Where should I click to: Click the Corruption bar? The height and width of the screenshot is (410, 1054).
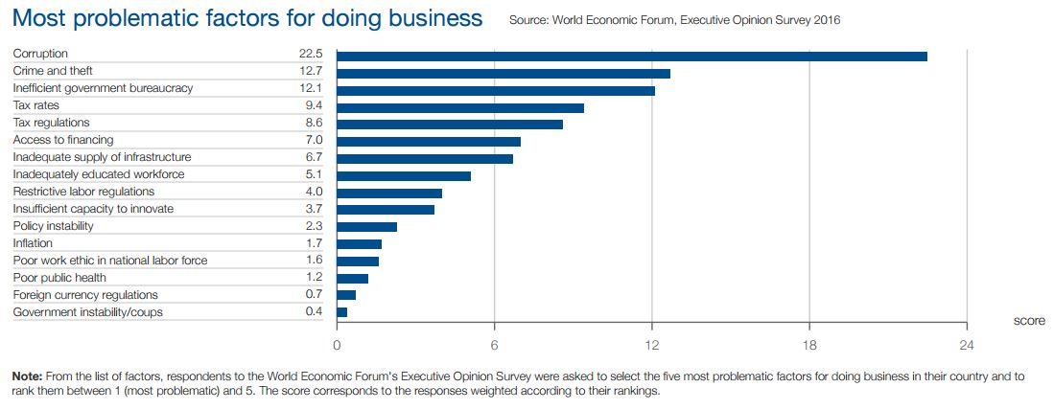(x=632, y=56)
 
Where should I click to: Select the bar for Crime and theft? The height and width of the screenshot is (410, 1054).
(x=504, y=73)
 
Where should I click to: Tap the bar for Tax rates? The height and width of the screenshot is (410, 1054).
(x=460, y=107)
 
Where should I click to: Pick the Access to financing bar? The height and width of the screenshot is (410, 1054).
(x=429, y=142)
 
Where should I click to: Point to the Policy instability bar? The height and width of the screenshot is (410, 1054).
(x=366, y=227)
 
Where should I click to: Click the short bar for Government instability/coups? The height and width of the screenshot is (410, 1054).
(x=342, y=312)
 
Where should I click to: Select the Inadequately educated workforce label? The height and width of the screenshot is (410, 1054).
(x=99, y=174)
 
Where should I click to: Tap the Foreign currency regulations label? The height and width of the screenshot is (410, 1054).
(x=85, y=295)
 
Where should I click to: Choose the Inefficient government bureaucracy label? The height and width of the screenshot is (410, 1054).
(x=103, y=88)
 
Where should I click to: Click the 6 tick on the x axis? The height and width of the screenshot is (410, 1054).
(x=495, y=346)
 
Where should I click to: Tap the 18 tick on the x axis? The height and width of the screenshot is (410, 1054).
(x=809, y=346)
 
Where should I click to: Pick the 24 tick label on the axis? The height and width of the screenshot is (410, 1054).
(x=967, y=346)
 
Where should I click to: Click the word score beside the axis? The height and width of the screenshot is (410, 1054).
(x=1029, y=321)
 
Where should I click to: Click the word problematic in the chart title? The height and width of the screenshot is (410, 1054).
(x=162, y=18)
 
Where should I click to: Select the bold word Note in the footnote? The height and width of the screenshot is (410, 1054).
(x=27, y=376)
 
